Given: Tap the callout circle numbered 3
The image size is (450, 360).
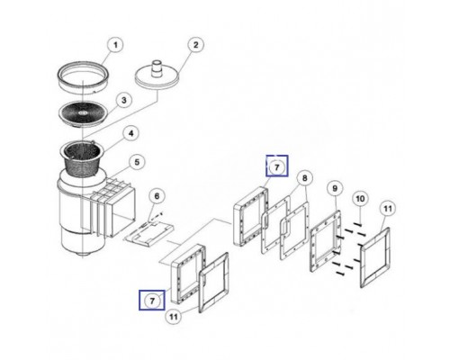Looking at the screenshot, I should tap(125, 100).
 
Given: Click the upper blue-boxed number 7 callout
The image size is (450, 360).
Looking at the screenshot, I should tap(277, 166).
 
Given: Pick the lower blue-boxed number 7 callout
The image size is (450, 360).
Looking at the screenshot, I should tap(152, 298).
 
